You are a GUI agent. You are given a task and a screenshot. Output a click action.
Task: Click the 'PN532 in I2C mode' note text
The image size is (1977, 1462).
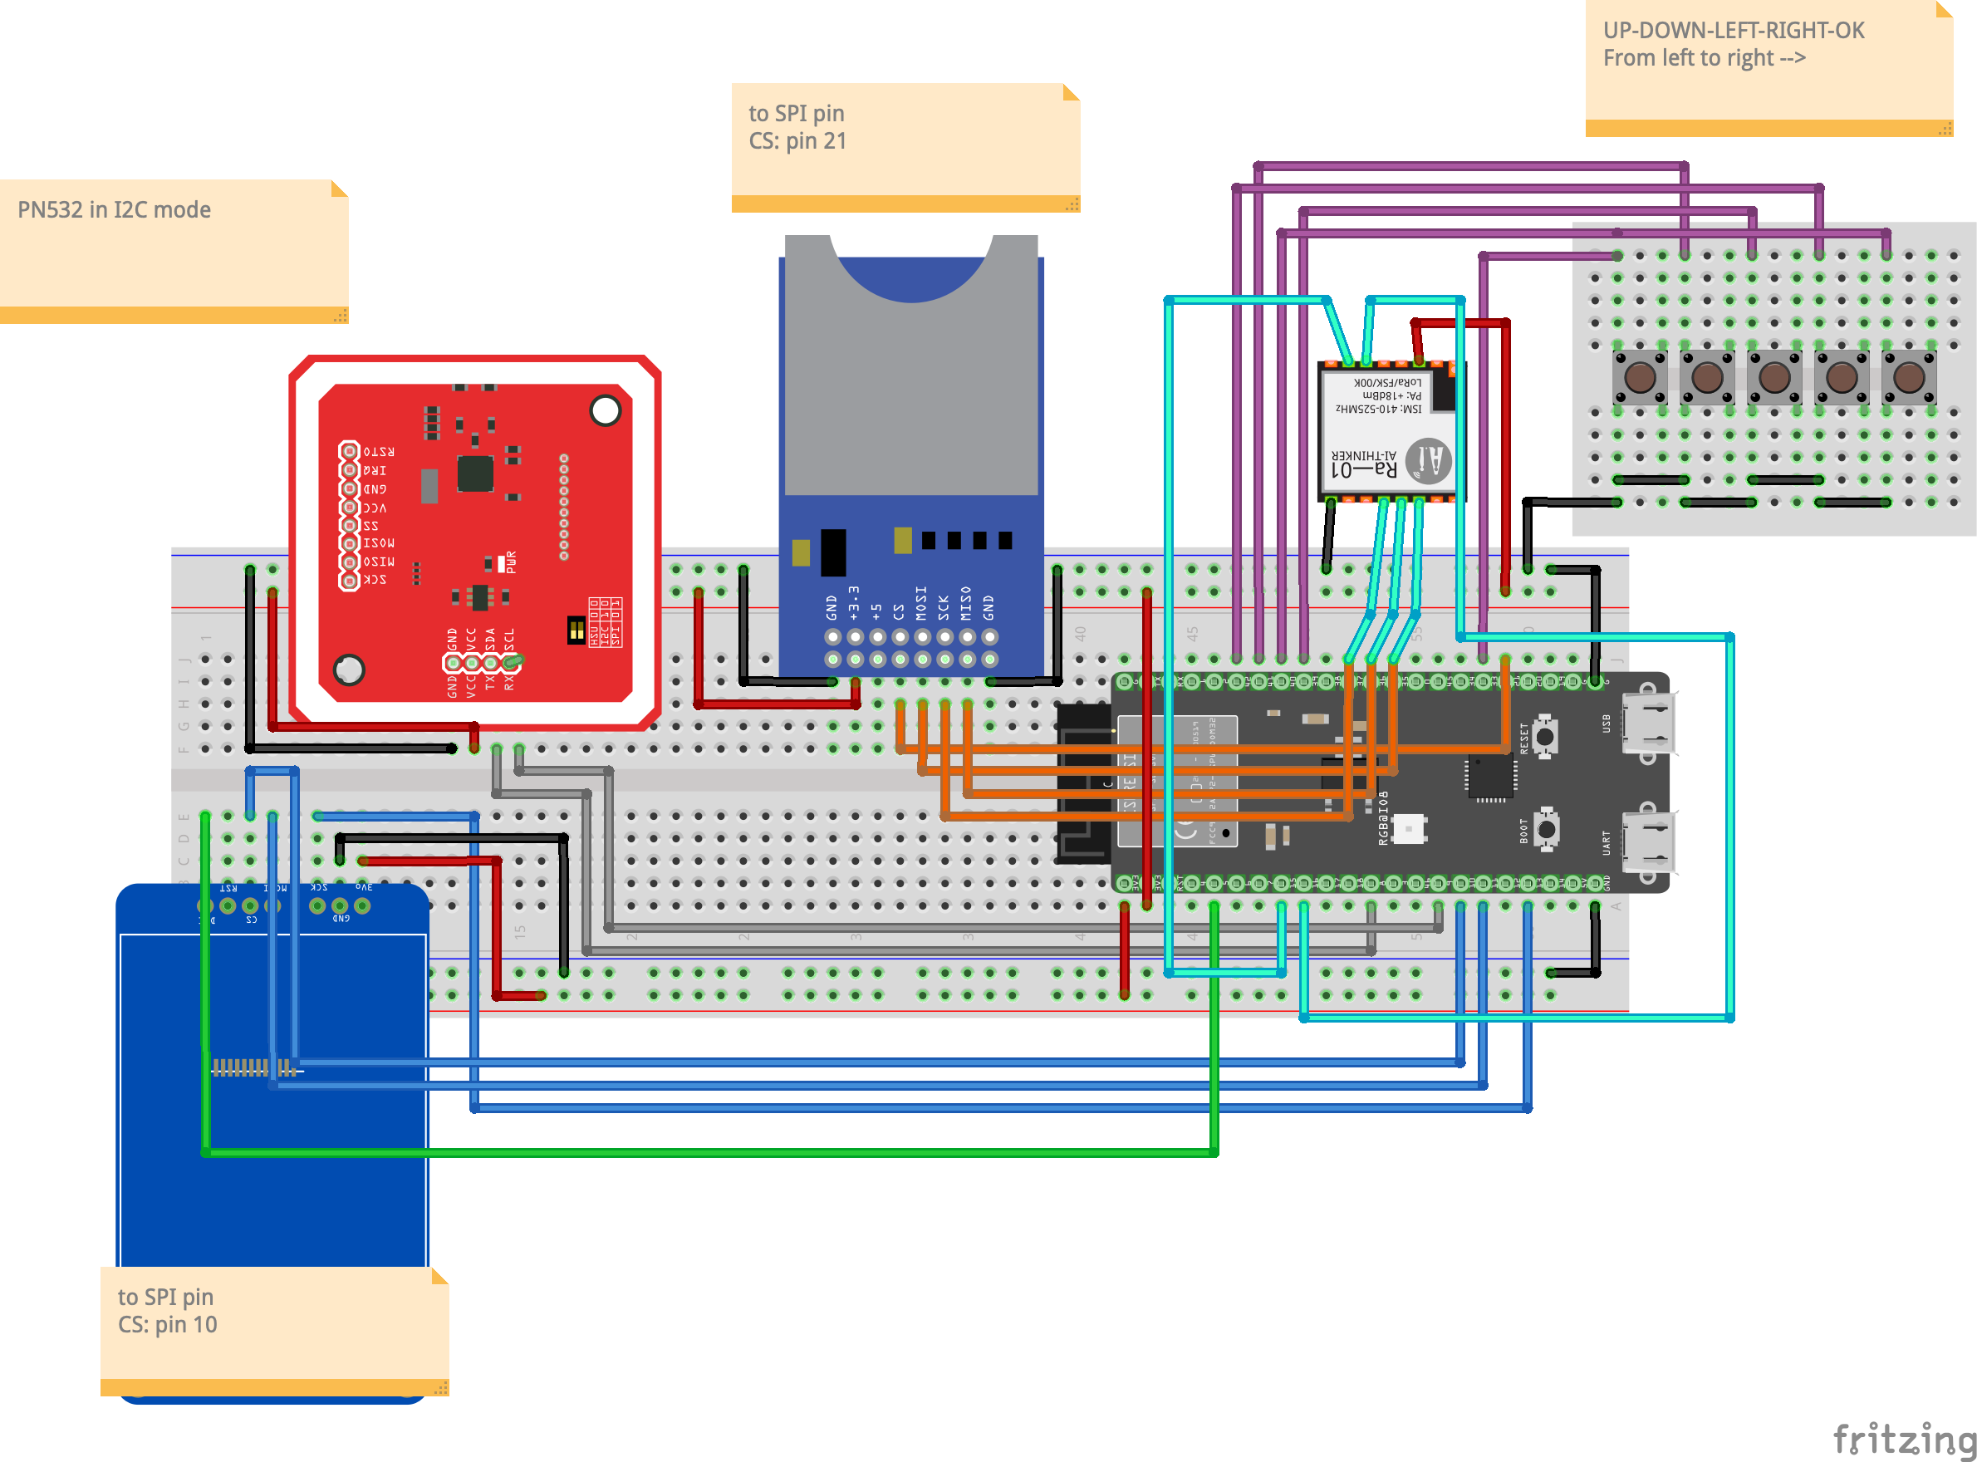click(x=114, y=209)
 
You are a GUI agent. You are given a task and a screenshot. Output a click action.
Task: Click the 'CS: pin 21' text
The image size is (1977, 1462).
click(x=797, y=140)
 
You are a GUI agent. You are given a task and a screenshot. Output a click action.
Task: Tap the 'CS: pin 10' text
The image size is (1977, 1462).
click(x=167, y=1324)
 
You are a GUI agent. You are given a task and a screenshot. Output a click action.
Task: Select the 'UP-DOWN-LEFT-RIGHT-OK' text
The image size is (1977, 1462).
click(x=1733, y=30)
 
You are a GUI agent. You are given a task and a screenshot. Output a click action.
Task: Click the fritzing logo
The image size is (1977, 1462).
click(x=1903, y=1438)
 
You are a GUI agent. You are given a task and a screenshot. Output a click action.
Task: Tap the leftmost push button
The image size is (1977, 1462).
click(x=1639, y=377)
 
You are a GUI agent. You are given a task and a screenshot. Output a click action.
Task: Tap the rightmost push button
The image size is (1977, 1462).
click(x=1908, y=377)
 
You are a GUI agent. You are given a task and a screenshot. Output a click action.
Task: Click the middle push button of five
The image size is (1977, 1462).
click(x=1773, y=377)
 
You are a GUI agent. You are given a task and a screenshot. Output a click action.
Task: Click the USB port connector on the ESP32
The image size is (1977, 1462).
click(x=1648, y=723)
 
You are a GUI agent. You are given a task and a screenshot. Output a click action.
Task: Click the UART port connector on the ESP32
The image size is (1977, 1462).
click(x=1648, y=841)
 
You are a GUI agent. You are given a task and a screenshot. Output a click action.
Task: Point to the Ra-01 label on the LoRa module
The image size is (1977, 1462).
click(x=1364, y=469)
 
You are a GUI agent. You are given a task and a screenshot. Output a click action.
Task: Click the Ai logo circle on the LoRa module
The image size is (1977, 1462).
click(x=1427, y=460)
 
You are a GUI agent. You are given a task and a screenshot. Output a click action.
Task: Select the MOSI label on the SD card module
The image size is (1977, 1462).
click(x=921, y=603)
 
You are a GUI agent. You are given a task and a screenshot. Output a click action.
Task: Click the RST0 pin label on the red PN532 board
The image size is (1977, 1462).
click(x=378, y=451)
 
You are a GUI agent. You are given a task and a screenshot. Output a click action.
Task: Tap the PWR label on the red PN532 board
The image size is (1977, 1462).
click(x=511, y=562)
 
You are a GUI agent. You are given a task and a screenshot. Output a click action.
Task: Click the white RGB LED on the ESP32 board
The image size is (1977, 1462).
click(x=1407, y=829)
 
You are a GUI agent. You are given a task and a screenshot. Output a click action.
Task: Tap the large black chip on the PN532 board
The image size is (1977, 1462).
click(x=475, y=473)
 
